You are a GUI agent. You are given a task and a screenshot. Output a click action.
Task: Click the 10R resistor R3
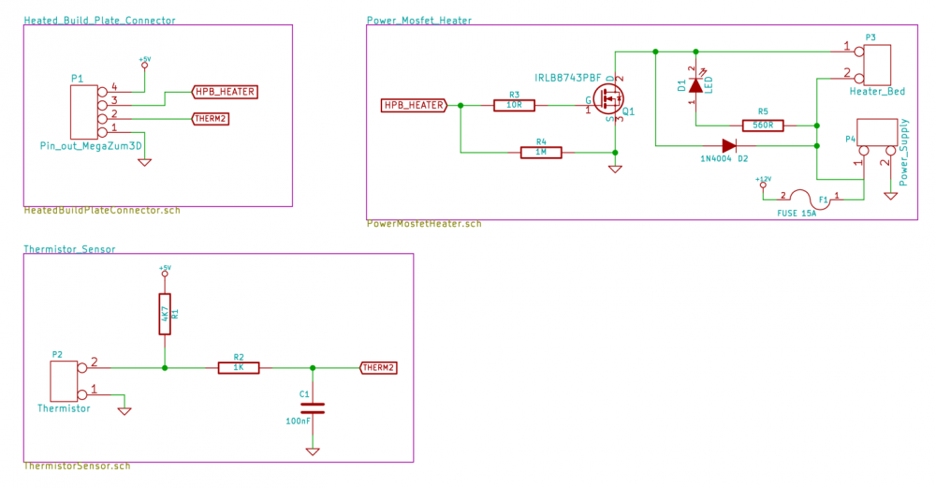[x=514, y=106]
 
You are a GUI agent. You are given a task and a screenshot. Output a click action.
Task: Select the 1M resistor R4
[x=541, y=152]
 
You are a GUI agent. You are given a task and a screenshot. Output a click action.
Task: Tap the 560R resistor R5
[x=763, y=125]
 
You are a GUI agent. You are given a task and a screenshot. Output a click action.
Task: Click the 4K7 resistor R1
[x=165, y=314]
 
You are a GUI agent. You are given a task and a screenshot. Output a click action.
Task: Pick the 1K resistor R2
[x=239, y=368]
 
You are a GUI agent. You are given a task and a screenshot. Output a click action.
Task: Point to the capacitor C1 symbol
[x=313, y=408]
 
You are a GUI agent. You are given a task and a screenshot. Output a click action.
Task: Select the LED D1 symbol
[x=695, y=85]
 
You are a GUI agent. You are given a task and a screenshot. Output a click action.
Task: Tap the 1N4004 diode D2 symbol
[x=729, y=145]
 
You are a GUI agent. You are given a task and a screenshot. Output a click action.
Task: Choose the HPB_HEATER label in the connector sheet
[x=224, y=92]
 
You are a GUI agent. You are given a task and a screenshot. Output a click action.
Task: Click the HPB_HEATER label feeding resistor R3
[x=414, y=106]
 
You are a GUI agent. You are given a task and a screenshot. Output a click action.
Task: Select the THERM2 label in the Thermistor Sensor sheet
[x=379, y=368]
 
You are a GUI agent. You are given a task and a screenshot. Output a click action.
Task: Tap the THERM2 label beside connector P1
[x=210, y=119]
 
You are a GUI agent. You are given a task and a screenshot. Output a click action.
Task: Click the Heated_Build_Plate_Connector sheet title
[x=99, y=21]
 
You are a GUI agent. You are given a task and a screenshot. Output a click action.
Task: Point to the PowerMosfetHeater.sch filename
[x=424, y=224]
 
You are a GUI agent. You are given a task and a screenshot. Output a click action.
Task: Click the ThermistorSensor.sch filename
[x=77, y=466]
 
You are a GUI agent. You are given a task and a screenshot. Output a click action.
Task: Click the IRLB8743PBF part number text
[x=568, y=76]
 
